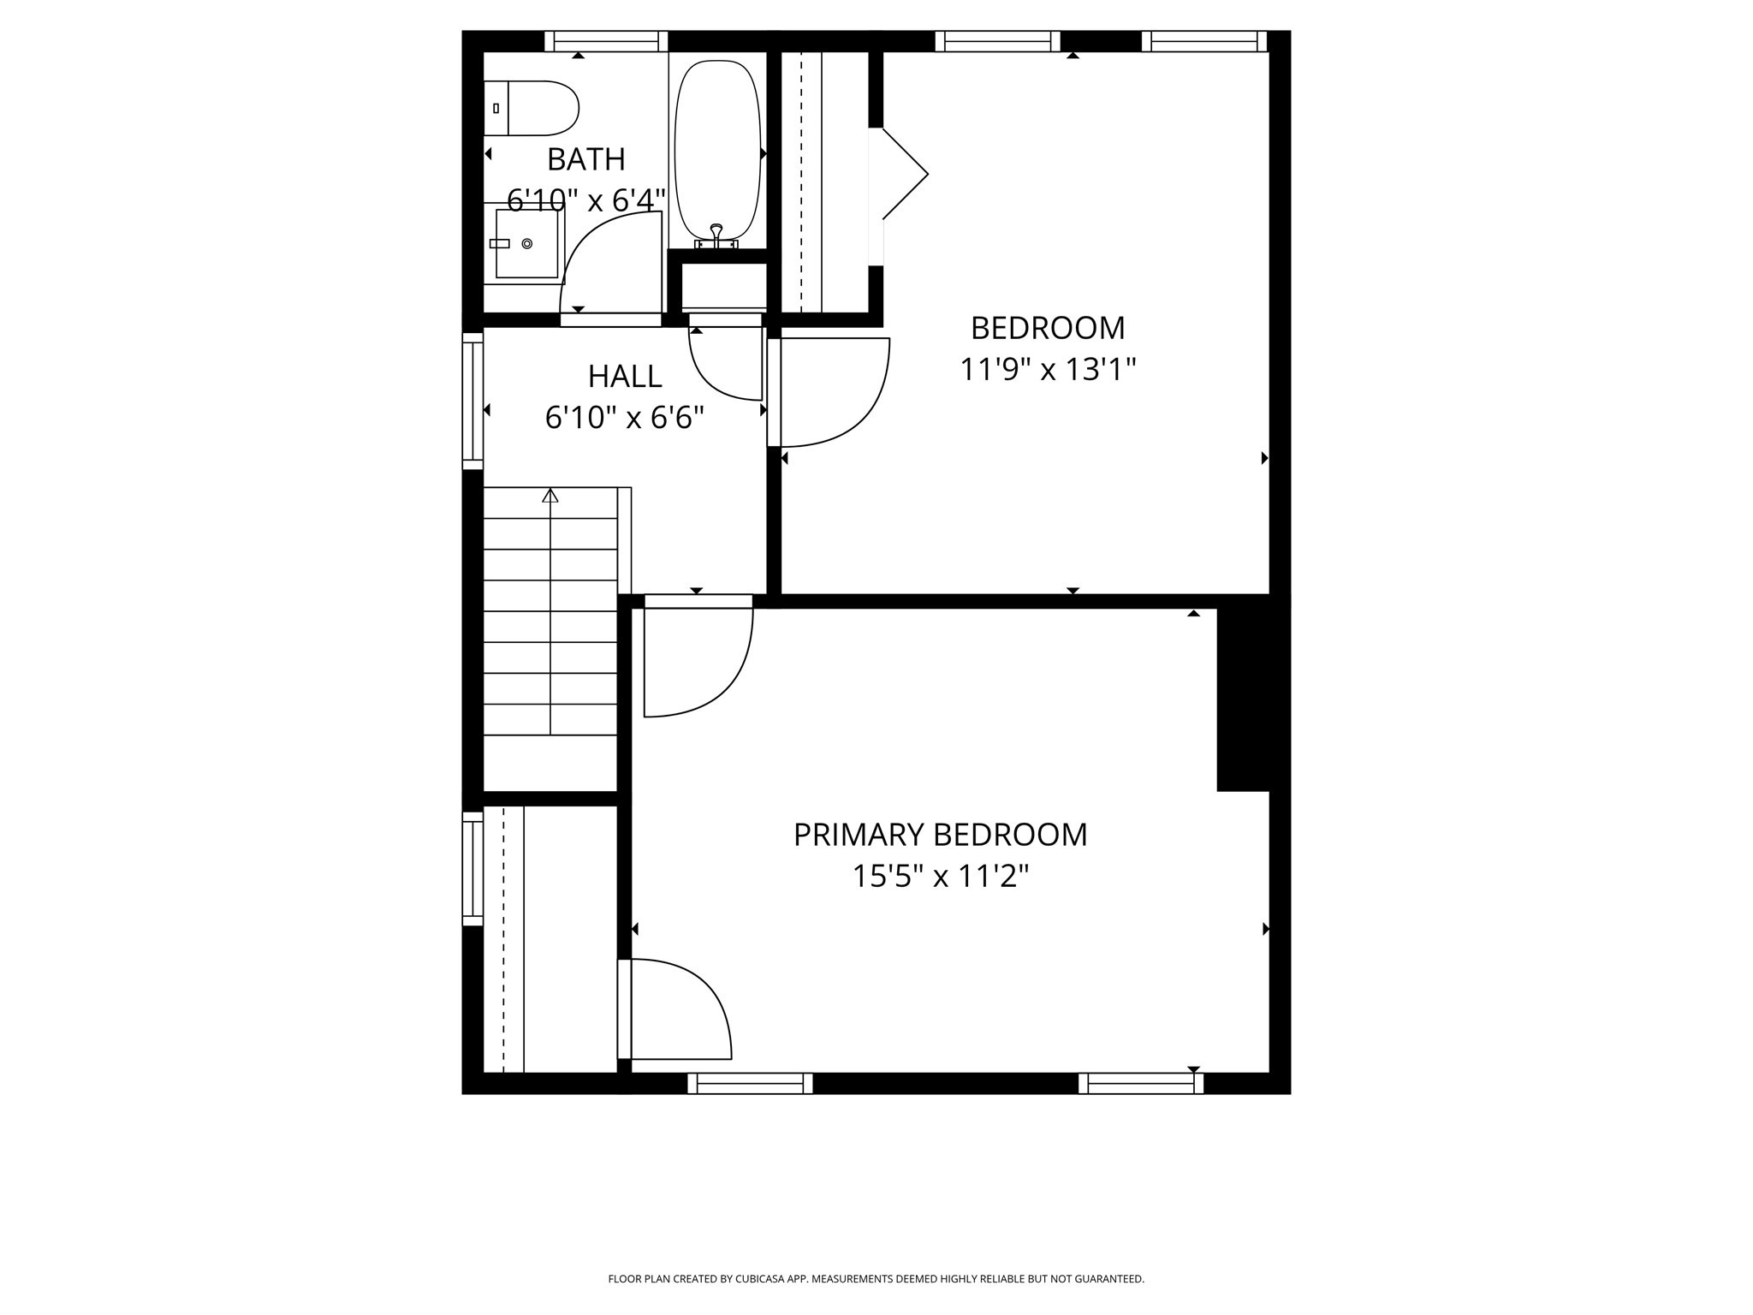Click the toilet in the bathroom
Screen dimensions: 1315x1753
tap(532, 109)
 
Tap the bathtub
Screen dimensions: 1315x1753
tap(717, 150)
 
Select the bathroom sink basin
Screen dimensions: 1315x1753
tap(526, 244)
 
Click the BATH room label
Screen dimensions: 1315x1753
tap(586, 159)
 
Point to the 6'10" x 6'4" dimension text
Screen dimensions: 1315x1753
tap(586, 201)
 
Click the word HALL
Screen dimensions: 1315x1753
tap(625, 377)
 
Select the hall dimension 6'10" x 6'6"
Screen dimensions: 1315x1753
tap(625, 418)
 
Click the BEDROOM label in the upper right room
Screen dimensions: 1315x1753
tap(1048, 328)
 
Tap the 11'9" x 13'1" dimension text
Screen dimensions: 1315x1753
tap(1048, 370)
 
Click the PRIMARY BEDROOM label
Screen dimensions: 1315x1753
tap(940, 835)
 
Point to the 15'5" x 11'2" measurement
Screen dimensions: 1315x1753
tap(940, 877)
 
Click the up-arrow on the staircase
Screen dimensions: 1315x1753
tap(550, 496)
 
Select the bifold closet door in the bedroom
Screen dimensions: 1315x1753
tap(904, 175)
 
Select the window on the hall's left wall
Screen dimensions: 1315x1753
tap(472, 401)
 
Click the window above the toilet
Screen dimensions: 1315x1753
tap(606, 41)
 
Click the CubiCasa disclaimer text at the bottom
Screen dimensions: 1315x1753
tap(876, 1279)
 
